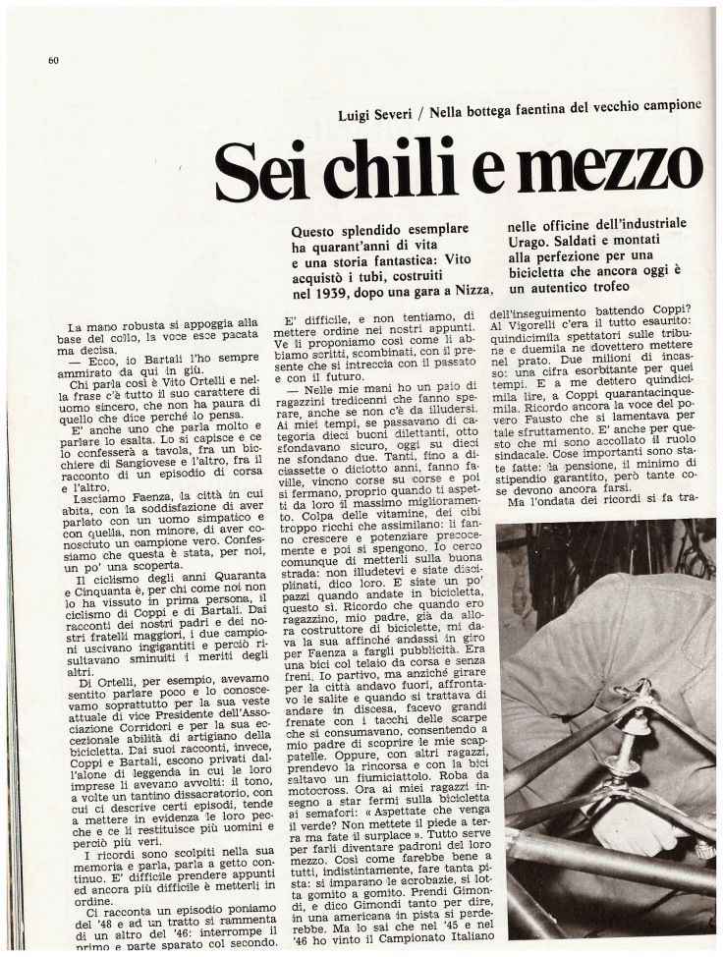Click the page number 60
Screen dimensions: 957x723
point(54,61)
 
